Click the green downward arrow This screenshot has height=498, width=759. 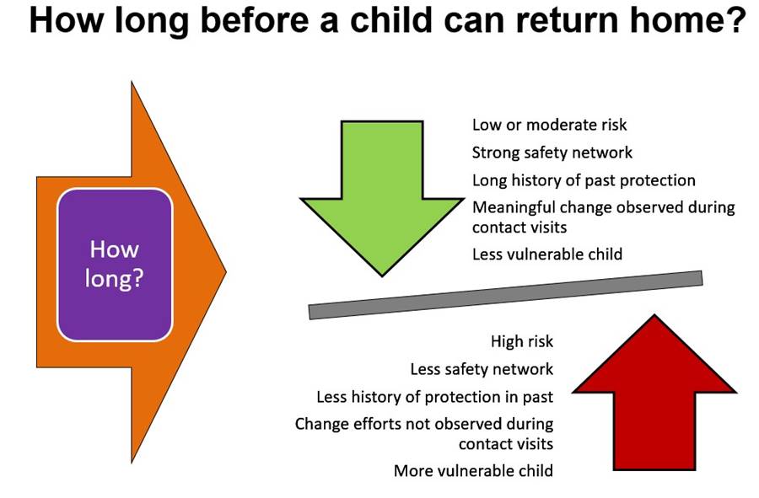coord(382,194)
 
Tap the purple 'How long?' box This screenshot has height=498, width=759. coord(115,265)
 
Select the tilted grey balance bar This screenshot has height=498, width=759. coord(505,295)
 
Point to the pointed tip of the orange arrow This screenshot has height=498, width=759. coord(226,271)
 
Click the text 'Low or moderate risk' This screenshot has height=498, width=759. coord(549,125)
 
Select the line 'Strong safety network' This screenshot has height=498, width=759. coord(552,153)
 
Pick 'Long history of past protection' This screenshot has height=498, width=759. coord(584,180)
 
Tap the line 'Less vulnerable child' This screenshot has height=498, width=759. coord(547,254)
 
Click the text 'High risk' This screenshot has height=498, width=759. coord(522,341)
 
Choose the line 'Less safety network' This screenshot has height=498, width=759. coord(482,369)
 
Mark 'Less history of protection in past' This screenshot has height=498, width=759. coord(434,397)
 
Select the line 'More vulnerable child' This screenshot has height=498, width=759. coord(473,471)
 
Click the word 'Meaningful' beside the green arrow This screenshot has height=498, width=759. coord(514,207)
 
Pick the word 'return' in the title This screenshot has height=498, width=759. coord(567,20)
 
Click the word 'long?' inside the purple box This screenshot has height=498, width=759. coord(114,280)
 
